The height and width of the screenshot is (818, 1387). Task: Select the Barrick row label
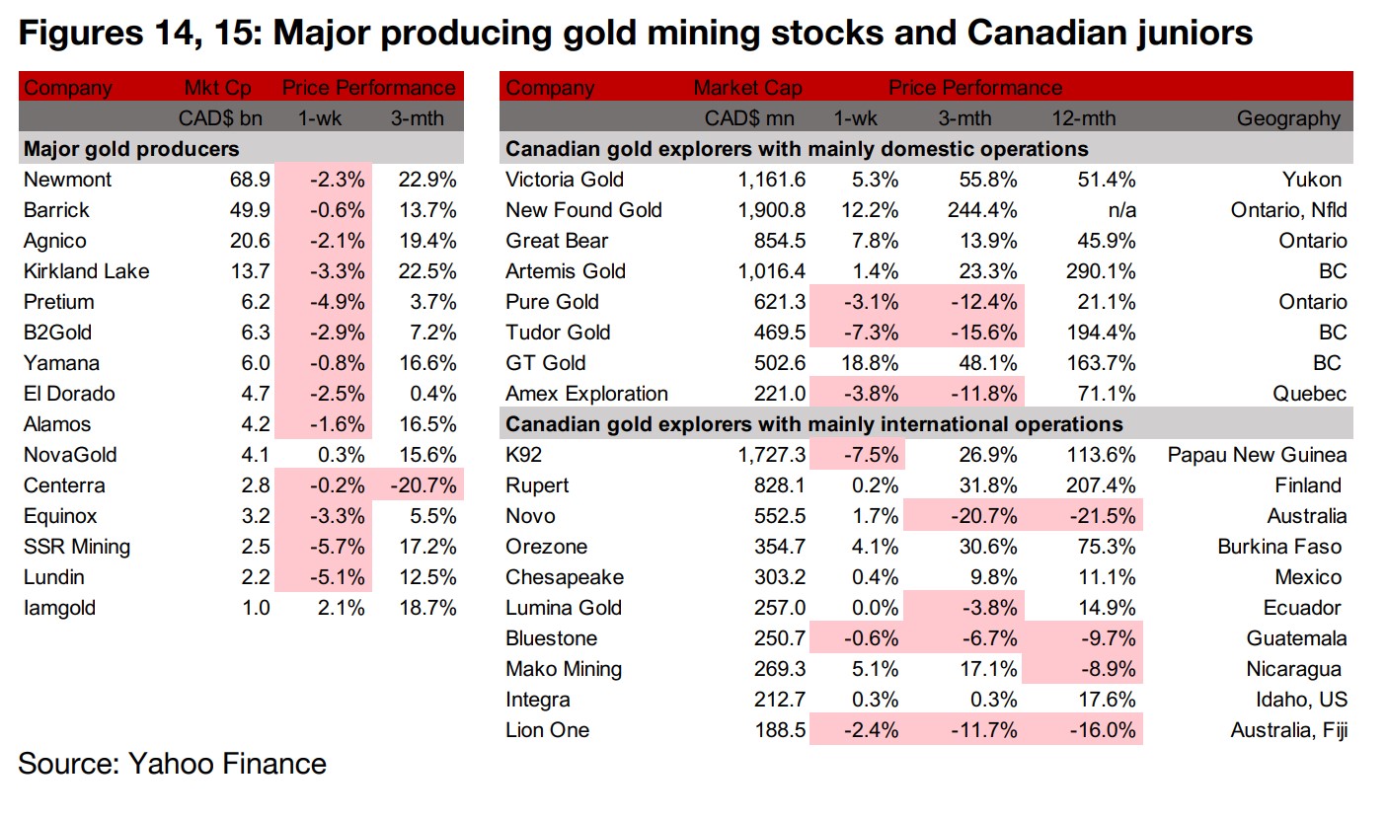[x=56, y=210]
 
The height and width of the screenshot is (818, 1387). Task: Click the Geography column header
[x=1288, y=118]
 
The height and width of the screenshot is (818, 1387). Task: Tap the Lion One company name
[x=547, y=730]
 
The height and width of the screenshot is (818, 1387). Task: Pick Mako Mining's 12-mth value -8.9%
[x=1107, y=669]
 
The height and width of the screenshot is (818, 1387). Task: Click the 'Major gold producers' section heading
[x=130, y=149]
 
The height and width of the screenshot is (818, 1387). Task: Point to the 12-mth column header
[x=1083, y=118]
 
